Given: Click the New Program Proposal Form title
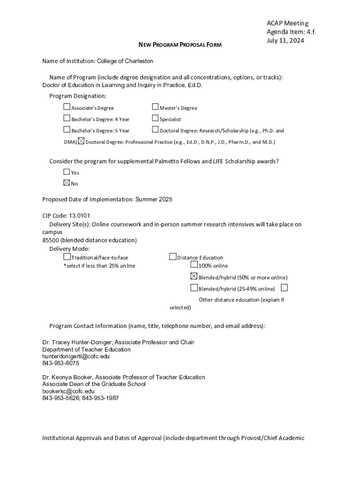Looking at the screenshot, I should point(180,44).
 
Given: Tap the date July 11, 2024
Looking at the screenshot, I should point(285,41).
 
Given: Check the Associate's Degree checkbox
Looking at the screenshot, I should point(67,107).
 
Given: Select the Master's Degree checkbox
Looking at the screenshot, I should point(156,107).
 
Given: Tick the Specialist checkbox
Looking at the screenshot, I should point(156,118).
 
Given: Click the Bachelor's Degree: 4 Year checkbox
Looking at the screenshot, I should point(67,118).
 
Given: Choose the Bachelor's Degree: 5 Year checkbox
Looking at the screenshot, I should point(67,130).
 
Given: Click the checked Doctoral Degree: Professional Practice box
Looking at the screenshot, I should point(81,141).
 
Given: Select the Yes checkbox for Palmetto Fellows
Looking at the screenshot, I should point(67,172).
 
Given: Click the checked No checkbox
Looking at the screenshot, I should point(67,182).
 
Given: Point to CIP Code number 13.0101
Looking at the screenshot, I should point(79,216).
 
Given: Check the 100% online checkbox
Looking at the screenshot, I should point(194,265).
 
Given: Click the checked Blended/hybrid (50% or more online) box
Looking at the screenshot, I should point(194,276).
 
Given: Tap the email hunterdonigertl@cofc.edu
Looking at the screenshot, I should point(76,356).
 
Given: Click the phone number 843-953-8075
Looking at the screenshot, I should point(61,363).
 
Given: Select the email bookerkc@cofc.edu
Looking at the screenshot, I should point(68,391).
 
